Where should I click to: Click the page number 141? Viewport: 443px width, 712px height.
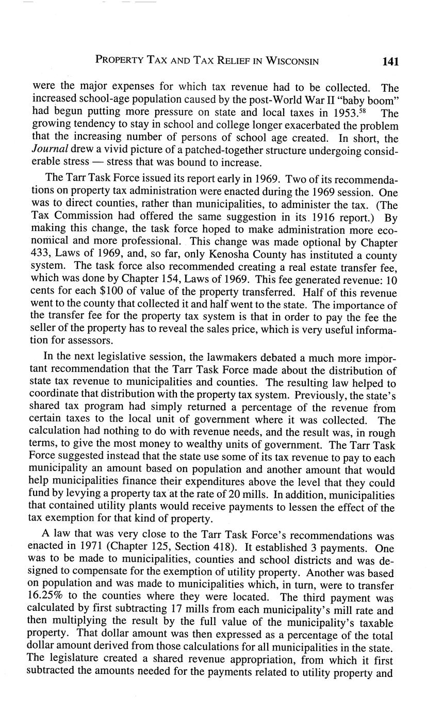391,61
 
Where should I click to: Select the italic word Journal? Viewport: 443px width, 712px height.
50,150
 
